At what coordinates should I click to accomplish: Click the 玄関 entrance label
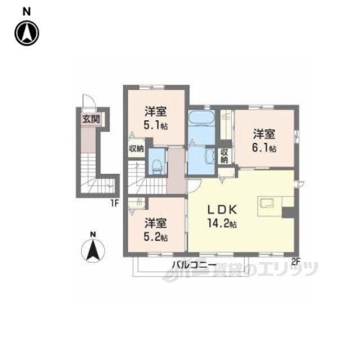tap(90, 119)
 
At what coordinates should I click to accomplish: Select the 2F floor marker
tap(296, 260)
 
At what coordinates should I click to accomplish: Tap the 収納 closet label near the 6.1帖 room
tap(224, 155)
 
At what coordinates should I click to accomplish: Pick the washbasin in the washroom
tap(209, 156)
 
